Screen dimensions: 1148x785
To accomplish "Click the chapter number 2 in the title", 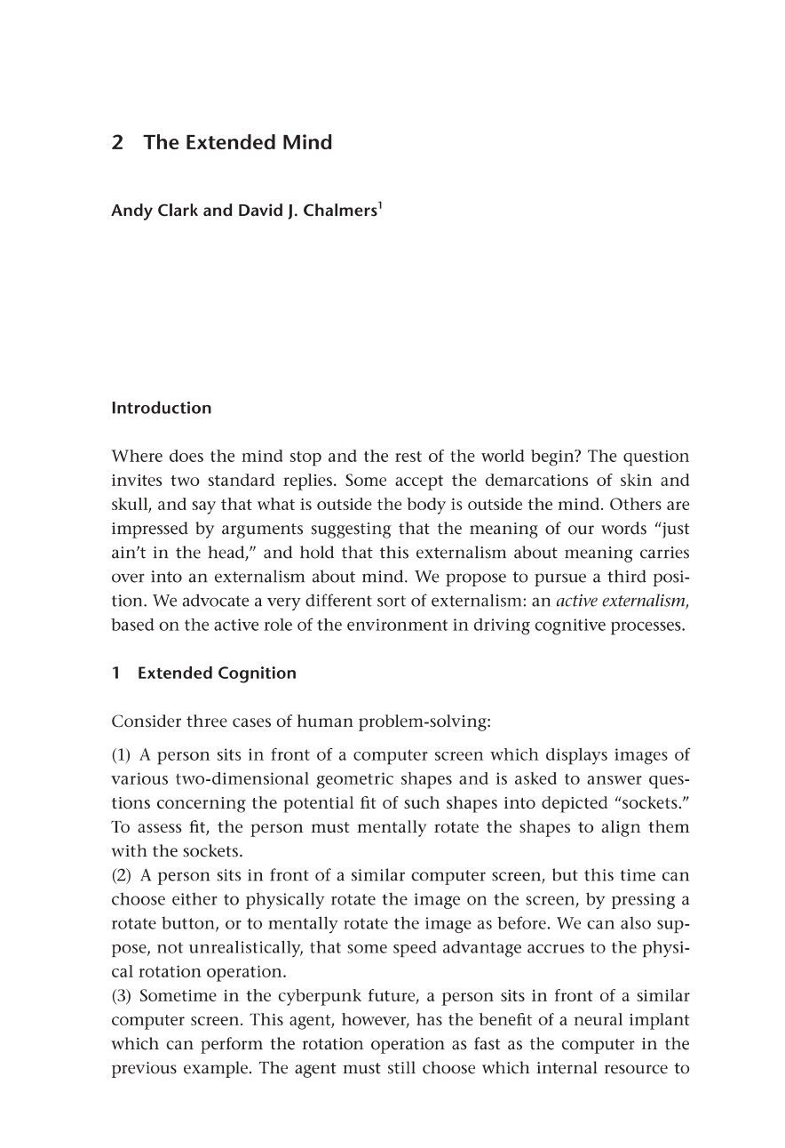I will [117, 143].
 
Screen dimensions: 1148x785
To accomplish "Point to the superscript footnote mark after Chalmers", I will [380, 205].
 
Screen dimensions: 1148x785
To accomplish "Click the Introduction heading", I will [161, 409].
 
